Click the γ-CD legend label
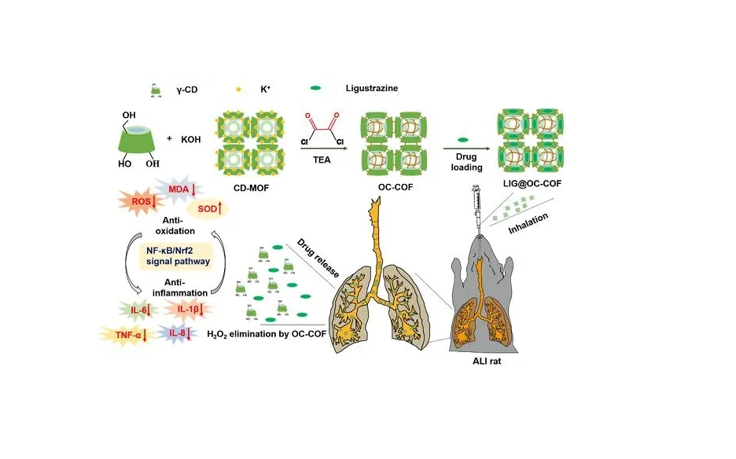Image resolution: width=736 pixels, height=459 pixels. (187, 90)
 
